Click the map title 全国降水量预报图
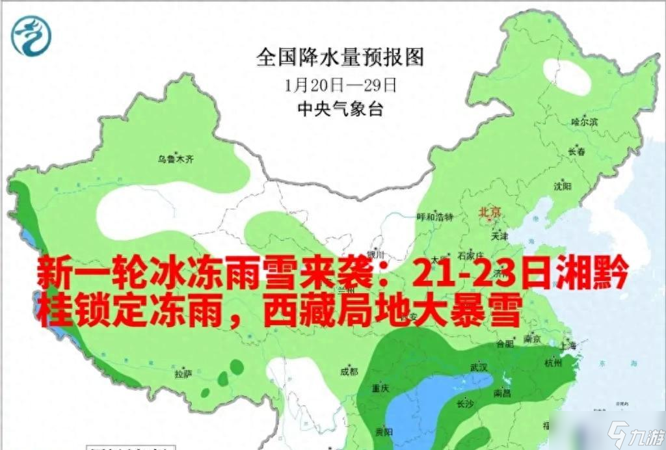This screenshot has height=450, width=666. click(x=340, y=57)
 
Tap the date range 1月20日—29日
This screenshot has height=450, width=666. click(x=340, y=84)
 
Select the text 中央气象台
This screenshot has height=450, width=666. click(x=340, y=109)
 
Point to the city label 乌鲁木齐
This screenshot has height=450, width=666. click(x=176, y=158)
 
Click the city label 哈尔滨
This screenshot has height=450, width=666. click(x=583, y=122)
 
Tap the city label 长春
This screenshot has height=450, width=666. click(x=576, y=151)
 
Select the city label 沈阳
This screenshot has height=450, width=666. click(x=562, y=187)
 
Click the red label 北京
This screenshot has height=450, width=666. click(x=490, y=212)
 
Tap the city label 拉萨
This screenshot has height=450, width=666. click(x=183, y=375)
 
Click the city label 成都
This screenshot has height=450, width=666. click(x=349, y=371)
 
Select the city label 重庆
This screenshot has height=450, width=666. click(x=380, y=388)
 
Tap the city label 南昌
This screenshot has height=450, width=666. click(x=501, y=392)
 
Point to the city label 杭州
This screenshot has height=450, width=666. click(x=553, y=364)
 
